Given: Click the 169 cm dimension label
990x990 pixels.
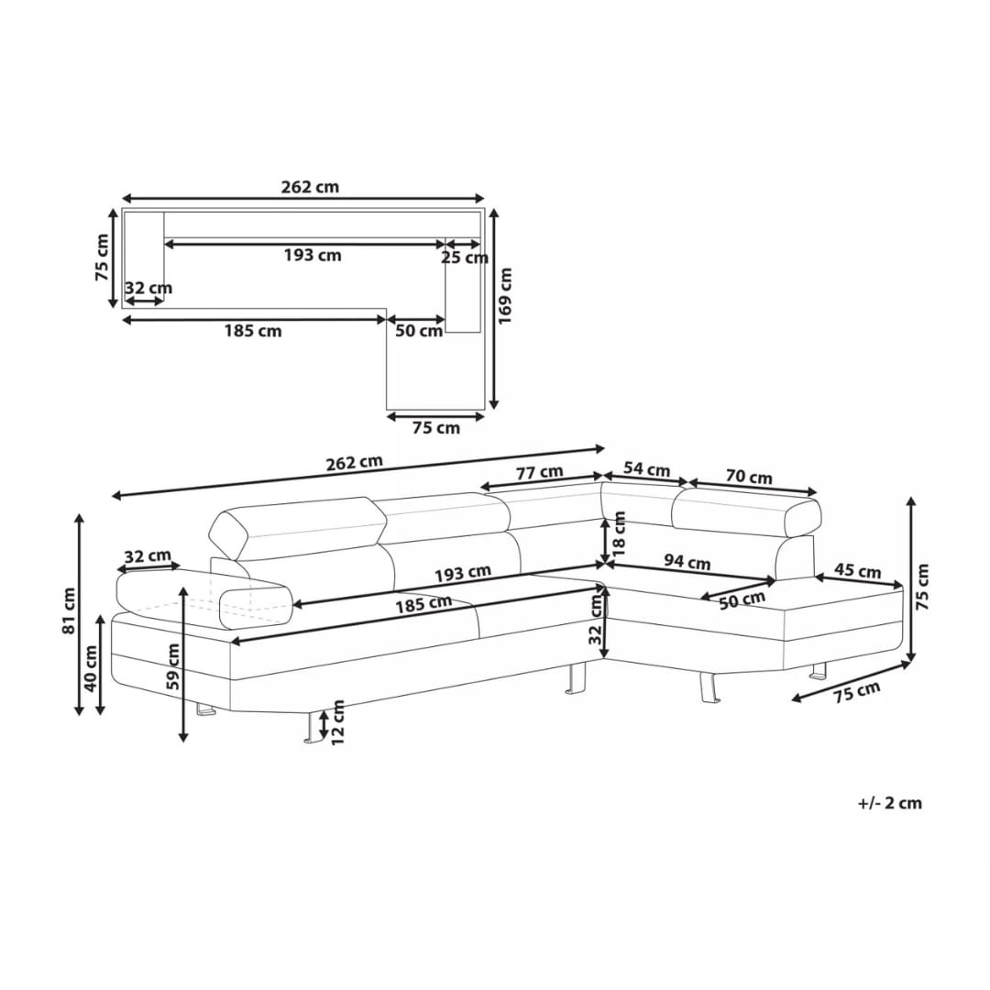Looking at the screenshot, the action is click(505, 295).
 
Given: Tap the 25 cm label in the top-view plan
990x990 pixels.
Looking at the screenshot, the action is click(464, 258).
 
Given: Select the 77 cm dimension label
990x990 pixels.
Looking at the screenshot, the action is click(539, 472).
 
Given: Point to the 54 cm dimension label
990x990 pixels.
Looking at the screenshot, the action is click(646, 469).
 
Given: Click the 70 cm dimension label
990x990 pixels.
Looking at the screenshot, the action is click(749, 477).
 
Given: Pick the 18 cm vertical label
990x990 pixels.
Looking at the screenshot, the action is click(620, 533).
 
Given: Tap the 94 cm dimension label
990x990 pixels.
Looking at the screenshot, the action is click(687, 561).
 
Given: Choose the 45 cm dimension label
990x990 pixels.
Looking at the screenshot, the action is click(857, 571).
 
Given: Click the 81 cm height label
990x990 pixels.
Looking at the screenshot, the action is click(69, 610).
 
